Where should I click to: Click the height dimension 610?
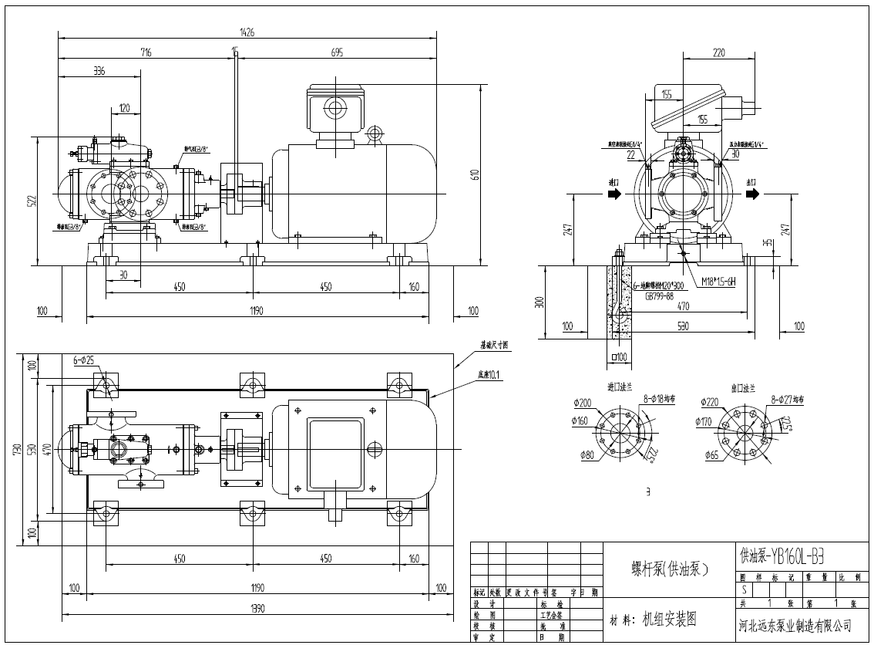[476, 174]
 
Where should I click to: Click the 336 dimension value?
[99, 71]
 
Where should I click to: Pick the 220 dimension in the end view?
[719, 53]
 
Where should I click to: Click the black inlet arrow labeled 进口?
[613, 194]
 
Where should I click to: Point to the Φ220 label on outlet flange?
[711, 402]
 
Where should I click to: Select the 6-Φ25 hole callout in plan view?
[84, 360]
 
